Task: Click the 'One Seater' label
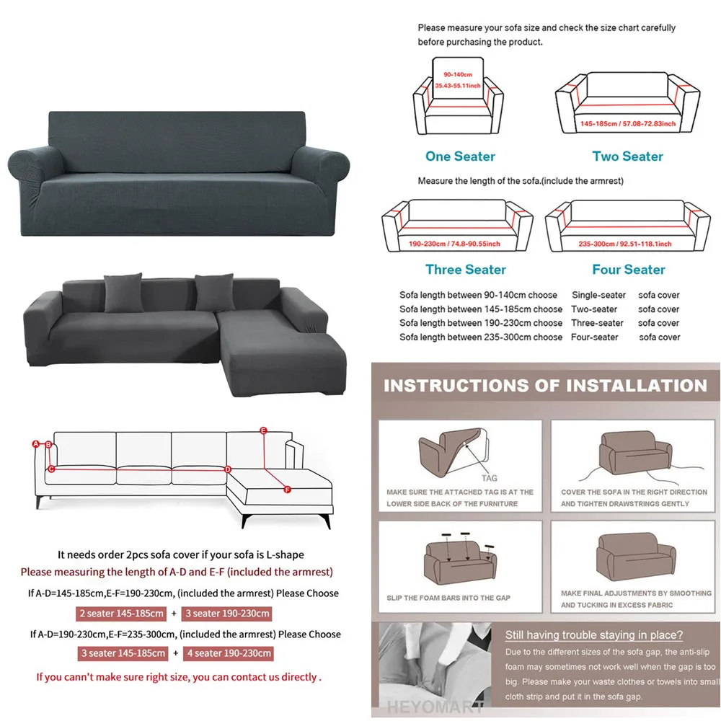pyautogui.click(x=460, y=156)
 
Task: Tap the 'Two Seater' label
pyautogui.click(x=627, y=156)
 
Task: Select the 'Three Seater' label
pyautogui.click(x=466, y=270)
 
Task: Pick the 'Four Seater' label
pyautogui.click(x=629, y=270)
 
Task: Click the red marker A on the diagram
pyautogui.click(x=35, y=444)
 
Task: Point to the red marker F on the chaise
pyautogui.click(x=287, y=490)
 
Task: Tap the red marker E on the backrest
pyautogui.click(x=263, y=431)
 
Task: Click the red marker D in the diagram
pyautogui.click(x=228, y=469)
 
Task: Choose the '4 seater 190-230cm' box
pyautogui.click(x=228, y=654)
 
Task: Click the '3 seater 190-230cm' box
pyautogui.click(x=228, y=614)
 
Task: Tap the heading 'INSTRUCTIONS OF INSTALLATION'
pyautogui.click(x=545, y=385)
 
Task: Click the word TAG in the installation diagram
pyautogui.click(x=489, y=478)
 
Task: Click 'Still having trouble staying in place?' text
pyautogui.click(x=593, y=635)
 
